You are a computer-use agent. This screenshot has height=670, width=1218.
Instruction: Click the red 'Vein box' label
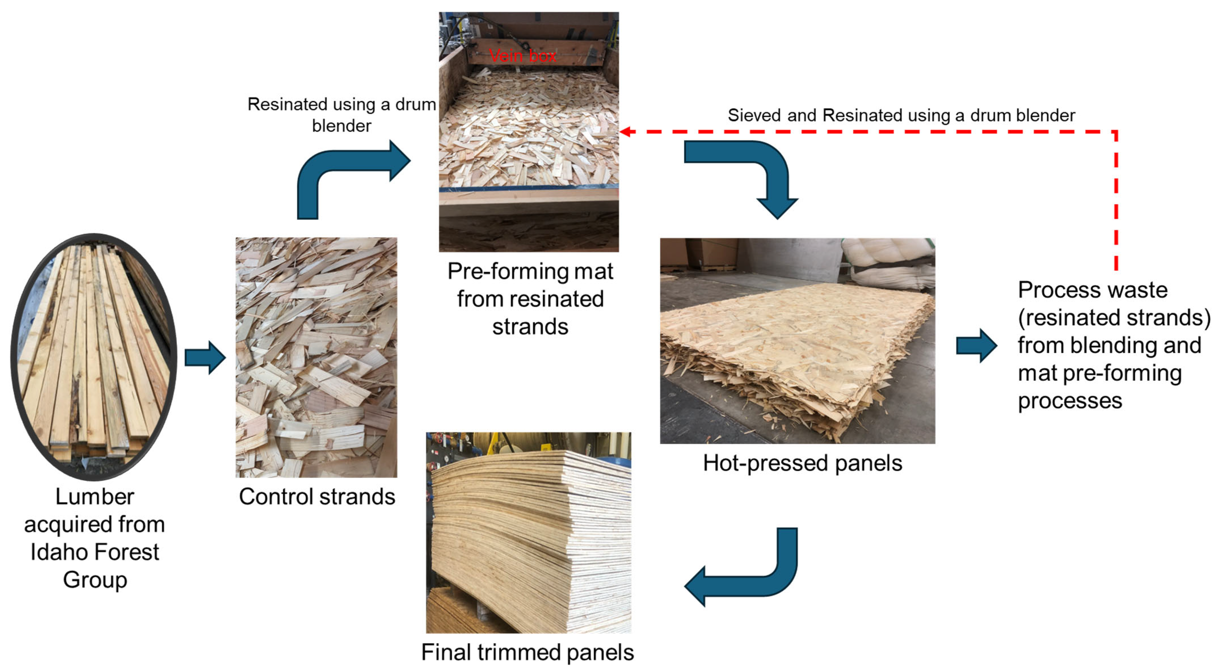click(522, 56)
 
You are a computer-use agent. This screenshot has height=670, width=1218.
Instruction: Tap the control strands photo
click(316, 357)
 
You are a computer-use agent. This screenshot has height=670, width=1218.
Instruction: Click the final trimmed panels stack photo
click(528, 532)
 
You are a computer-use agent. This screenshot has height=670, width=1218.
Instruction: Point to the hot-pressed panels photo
click(797, 341)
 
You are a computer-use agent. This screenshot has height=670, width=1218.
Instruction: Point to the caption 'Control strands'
click(317, 497)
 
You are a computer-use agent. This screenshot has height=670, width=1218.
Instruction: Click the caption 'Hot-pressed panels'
click(802, 463)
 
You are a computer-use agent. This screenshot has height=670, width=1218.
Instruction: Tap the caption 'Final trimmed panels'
click(527, 652)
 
